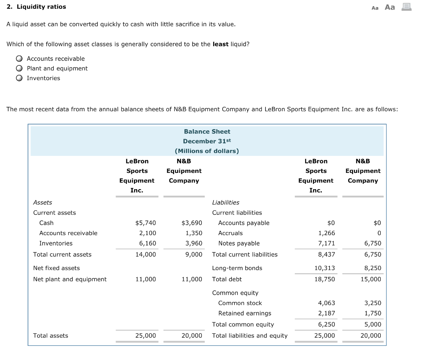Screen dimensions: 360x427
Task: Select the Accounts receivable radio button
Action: click(20, 59)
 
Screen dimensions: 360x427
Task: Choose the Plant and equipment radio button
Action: click(20, 68)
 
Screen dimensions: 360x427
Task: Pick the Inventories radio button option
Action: click(20, 78)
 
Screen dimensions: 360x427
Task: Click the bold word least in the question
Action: click(221, 44)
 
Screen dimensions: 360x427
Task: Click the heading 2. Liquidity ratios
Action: click(37, 7)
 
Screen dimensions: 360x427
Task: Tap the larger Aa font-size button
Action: click(389, 7)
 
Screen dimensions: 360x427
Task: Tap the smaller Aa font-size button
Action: click(375, 7)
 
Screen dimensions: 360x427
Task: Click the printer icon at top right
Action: click(406, 7)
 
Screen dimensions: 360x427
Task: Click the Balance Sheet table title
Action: click(207, 131)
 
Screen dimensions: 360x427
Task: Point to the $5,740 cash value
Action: click(146, 223)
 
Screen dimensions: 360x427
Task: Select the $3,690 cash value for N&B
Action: click(192, 223)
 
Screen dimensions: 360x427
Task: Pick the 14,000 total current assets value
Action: click(146, 254)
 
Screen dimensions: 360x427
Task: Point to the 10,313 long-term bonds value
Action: click(325, 268)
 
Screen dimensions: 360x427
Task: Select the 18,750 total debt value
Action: click(325, 279)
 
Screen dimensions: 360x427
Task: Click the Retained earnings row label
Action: click(244, 313)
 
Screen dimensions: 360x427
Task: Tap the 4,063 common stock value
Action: click(327, 303)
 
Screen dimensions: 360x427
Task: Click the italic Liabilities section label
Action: click(226, 202)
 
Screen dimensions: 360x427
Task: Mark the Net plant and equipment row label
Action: click(70, 279)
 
